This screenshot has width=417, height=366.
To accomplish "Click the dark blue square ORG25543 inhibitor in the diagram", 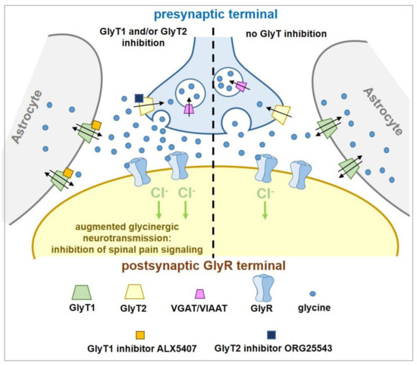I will tap(140, 98).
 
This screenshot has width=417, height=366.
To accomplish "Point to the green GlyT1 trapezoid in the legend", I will tap(75, 291).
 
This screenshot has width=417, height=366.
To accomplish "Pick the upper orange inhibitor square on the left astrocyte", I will tap(97, 126).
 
